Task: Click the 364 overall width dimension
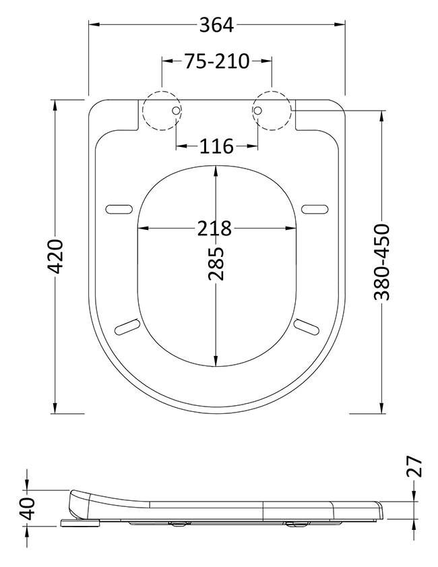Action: click(x=217, y=25)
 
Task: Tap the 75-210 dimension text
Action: click(x=217, y=61)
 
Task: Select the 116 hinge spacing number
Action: click(x=217, y=146)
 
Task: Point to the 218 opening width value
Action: click(x=214, y=228)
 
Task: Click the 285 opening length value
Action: click(x=216, y=264)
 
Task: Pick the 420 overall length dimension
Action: click(x=56, y=256)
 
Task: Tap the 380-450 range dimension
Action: click(x=382, y=262)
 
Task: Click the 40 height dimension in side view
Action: click(x=27, y=508)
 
